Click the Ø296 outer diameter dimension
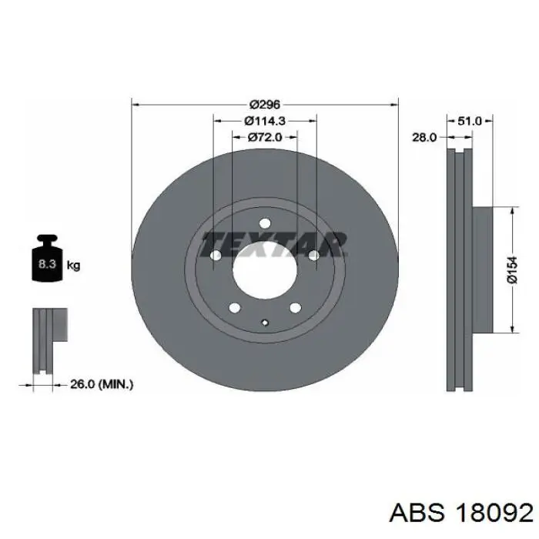point(265,104)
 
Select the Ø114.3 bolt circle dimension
point(265,121)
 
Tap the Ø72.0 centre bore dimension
point(265,137)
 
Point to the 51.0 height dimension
point(470,121)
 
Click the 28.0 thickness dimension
point(424,138)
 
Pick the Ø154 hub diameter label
point(512,270)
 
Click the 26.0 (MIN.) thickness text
point(102,384)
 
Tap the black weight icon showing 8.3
point(47,258)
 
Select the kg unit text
point(74,266)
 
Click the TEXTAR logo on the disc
point(274,244)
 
